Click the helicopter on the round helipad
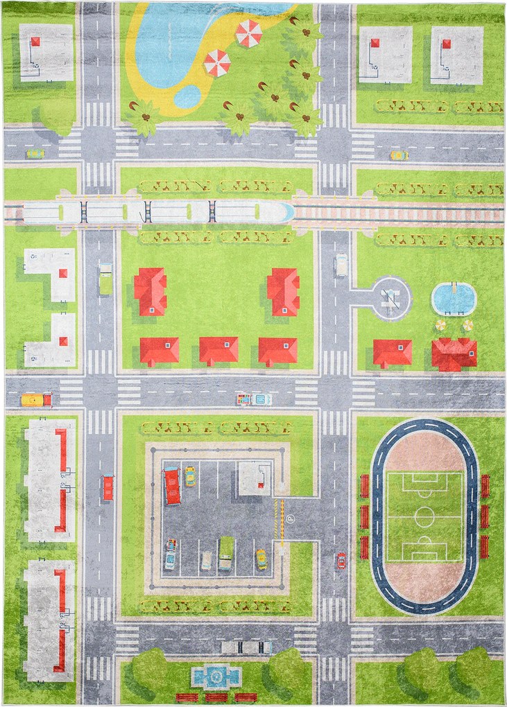pos(391,299)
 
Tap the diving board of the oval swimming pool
pos(454,286)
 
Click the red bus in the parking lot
pos(171,485)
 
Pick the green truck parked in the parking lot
pos(225,553)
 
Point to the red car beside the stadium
pos(341,560)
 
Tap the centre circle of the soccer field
pos(424,516)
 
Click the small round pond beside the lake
pos(187,96)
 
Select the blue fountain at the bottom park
pos(216,675)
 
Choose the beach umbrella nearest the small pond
pos(217,64)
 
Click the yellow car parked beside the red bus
pos(189,475)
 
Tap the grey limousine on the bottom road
pos(246,647)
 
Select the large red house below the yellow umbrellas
pos(454,353)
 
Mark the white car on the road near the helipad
pos(341,264)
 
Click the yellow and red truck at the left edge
pos(36,400)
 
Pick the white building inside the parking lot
pos(255,478)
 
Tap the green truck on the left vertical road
pos(105,278)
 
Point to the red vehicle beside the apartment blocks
pos(108,487)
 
